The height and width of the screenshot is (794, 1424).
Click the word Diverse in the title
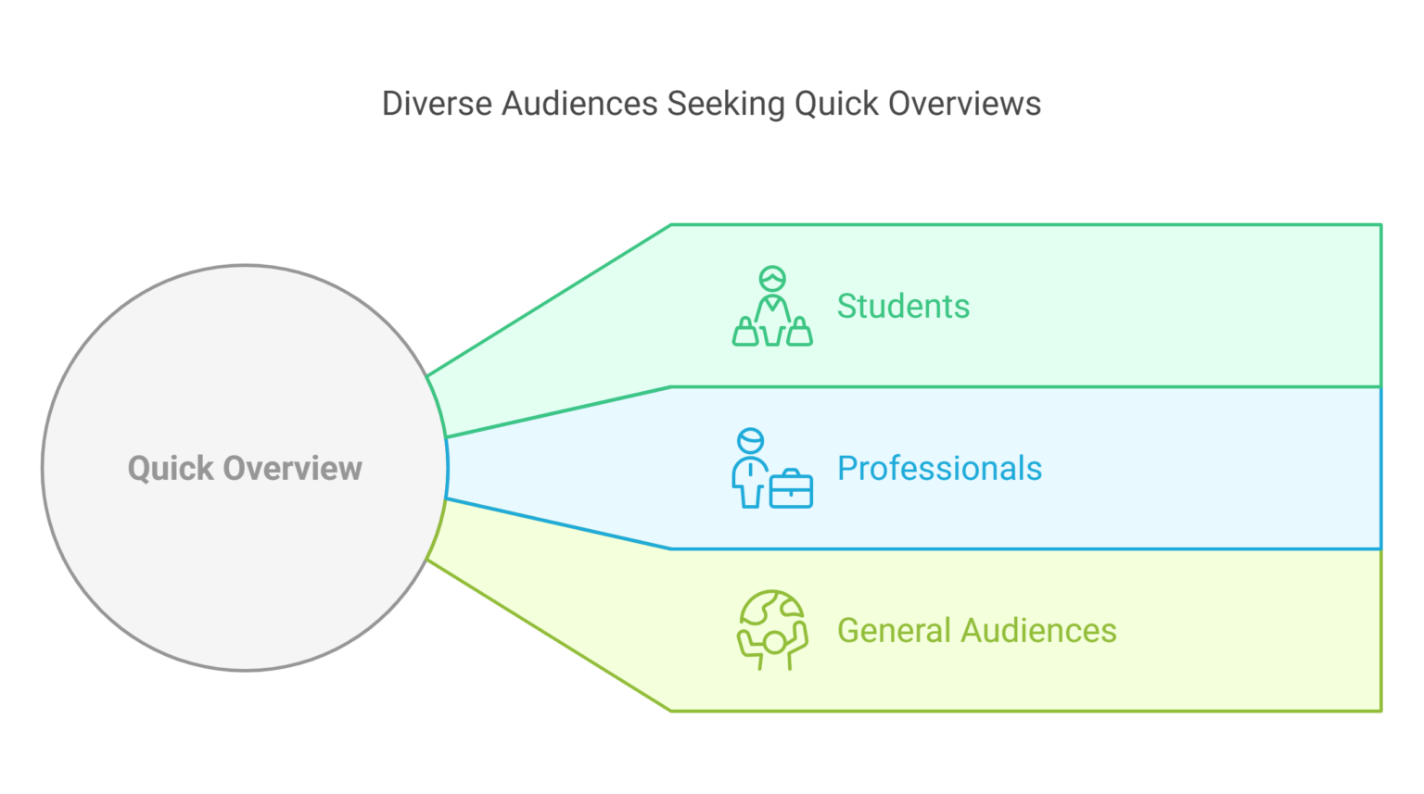point(437,104)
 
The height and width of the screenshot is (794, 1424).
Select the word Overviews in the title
point(964,104)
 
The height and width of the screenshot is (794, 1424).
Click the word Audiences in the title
point(579,104)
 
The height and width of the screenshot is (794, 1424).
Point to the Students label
point(903,307)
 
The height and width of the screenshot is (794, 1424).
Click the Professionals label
point(939,469)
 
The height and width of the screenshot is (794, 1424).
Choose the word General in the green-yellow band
point(895,631)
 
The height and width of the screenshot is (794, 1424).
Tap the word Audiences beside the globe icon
point(1038,631)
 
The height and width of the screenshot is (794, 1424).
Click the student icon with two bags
point(772,307)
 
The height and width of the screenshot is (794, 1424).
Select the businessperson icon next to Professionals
point(771,469)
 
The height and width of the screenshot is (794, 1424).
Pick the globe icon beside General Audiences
point(772,630)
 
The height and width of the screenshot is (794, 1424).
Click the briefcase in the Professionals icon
point(791,489)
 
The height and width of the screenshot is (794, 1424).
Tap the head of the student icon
point(772,278)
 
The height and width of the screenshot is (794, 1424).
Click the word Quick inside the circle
point(171,469)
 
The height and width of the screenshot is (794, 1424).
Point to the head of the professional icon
point(751,440)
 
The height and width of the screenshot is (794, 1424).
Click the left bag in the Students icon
point(745,333)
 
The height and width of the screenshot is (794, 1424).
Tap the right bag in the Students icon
point(799,333)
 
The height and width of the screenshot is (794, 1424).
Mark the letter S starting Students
point(846,307)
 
